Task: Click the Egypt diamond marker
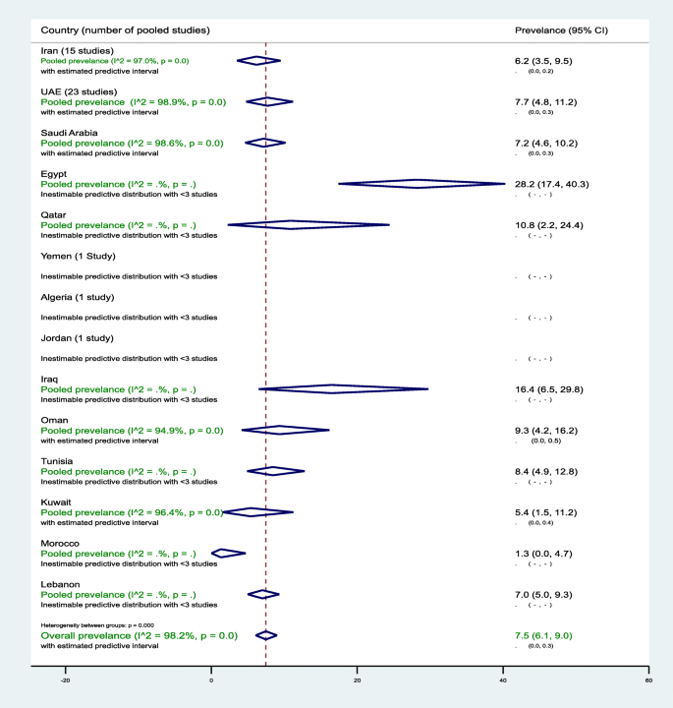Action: (421, 184)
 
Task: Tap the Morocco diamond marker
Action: (228, 554)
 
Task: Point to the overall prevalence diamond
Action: (265, 636)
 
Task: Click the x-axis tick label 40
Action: (503, 680)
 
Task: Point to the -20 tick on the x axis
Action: (65, 680)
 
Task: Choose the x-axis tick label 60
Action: (648, 680)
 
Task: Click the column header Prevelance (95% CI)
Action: (561, 30)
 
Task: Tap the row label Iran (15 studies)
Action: (78, 50)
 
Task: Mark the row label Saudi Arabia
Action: (70, 132)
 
